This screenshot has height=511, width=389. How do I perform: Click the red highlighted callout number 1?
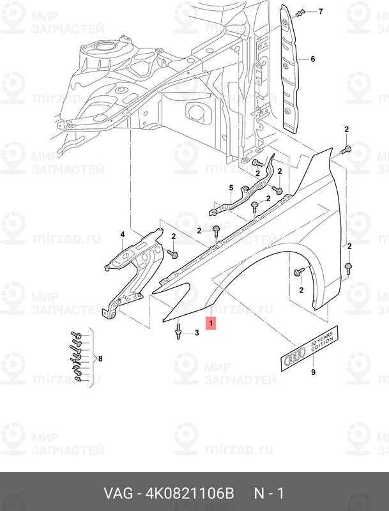coord(211,324)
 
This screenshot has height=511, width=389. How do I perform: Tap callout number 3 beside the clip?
coord(197,333)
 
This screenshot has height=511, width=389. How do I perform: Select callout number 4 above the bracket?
coord(123,234)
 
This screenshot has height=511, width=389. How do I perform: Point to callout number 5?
coord(231,188)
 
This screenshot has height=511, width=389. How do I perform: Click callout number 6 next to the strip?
coord(313,59)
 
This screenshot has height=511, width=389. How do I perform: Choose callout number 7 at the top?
coord(321,11)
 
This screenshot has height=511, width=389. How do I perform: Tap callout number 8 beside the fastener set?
coord(100,358)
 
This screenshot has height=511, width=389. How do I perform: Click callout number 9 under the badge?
coord(313,372)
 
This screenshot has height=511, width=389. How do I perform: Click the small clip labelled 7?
coord(300,13)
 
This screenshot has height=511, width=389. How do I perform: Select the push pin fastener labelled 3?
coord(178,330)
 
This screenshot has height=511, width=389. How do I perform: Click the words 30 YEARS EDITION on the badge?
coord(322,340)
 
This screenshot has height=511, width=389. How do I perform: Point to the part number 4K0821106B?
coord(189,493)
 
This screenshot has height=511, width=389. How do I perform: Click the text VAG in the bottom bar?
coord(118,493)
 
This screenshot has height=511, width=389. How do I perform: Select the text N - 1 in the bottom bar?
coord(269,493)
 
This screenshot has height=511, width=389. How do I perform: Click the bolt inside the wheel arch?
coord(299,272)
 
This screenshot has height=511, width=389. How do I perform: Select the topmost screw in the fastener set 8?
coord(75,335)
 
